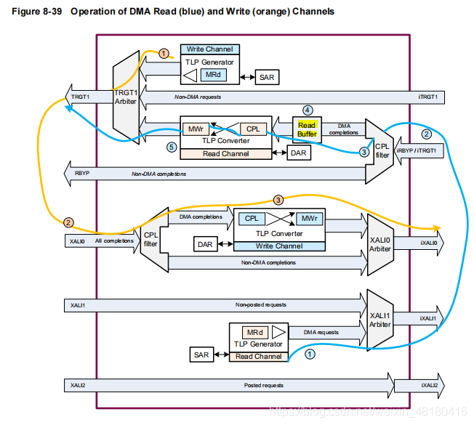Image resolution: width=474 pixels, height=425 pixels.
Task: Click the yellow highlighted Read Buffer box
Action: pyautogui.click(x=307, y=129)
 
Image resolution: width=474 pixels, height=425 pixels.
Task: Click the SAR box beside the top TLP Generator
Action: pyautogui.click(x=267, y=77)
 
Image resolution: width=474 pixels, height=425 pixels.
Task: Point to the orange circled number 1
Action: pyautogui.click(x=164, y=53)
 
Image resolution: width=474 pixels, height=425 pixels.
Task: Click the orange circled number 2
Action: pyautogui.click(x=68, y=222)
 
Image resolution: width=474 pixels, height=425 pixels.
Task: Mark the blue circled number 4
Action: pyautogui.click(x=308, y=110)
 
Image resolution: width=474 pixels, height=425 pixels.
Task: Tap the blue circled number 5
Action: pyautogui.click(x=171, y=147)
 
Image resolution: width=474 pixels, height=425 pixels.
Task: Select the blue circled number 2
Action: pyautogui.click(x=427, y=134)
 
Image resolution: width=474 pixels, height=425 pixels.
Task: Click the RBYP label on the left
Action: pyautogui.click(x=81, y=174)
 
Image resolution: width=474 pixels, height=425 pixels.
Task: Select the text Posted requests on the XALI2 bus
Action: pyautogui.click(x=259, y=385)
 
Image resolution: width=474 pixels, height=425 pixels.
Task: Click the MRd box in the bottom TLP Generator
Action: pyautogui.click(x=254, y=332)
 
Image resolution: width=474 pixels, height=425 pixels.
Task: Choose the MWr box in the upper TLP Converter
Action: pyautogui.click(x=195, y=129)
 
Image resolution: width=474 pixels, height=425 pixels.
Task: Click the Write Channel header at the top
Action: pyautogui.click(x=210, y=49)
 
